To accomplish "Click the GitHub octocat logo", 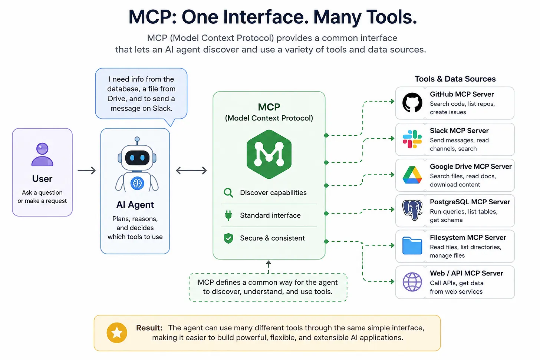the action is (412, 102).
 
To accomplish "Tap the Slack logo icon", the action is (412, 139).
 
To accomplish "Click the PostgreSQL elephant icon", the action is (412, 210).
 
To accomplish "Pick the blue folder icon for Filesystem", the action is (412, 245).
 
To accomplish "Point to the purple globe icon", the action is (412, 282).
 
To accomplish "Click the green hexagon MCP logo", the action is (269, 154).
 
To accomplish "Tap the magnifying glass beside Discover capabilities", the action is (228, 192).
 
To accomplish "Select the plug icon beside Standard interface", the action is (228, 215).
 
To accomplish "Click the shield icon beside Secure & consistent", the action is (228, 238).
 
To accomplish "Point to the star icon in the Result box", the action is (117, 333).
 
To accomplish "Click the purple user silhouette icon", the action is (42, 155).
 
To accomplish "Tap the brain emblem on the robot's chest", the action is (137, 184).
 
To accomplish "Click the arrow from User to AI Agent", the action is (86, 171).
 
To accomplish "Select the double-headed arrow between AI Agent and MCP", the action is (191, 171).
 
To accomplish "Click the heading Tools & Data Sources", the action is (455, 79).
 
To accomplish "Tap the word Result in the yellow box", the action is (149, 328).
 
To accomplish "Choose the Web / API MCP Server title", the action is (466, 273).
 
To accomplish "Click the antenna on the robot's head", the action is (137, 141).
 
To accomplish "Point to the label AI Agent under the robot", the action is (135, 205).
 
